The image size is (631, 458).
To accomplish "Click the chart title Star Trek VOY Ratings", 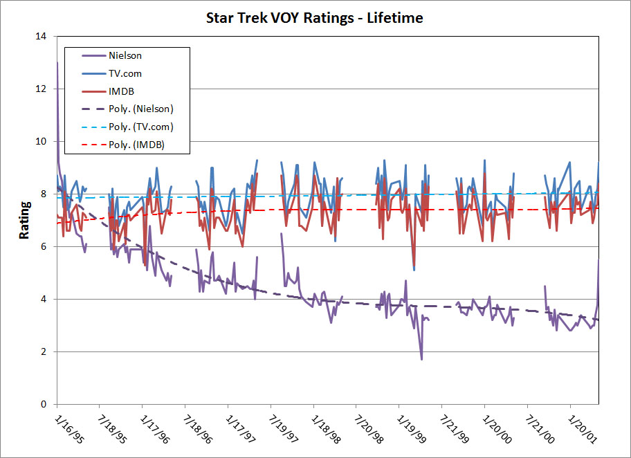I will (x=315, y=18).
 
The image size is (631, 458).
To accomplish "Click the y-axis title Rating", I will (x=25, y=220).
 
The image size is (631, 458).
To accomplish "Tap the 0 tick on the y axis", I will (x=44, y=404).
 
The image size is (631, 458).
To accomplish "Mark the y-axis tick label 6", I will (x=44, y=246).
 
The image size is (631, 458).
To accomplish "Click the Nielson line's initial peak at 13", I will (x=57, y=62).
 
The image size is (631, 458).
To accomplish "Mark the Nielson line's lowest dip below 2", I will (x=421, y=359).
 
